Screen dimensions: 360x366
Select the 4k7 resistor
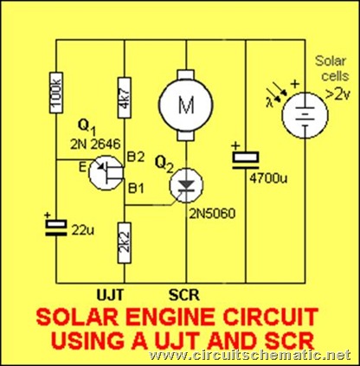point(125,98)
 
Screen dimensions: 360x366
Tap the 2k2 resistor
point(125,242)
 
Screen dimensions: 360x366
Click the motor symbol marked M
point(186,105)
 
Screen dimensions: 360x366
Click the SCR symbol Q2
point(186,185)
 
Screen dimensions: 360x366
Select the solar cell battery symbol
point(305,115)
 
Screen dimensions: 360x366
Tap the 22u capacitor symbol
point(56,228)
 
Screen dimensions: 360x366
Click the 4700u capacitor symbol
point(246,158)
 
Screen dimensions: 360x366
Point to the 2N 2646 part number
point(95,144)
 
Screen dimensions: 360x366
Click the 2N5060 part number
point(212,214)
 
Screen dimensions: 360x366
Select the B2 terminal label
point(136,157)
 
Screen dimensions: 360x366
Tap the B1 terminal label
point(136,189)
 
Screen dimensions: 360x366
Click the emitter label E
point(83,168)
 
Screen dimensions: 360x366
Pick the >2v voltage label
point(337,94)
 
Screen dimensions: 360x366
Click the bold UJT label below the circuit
point(110,295)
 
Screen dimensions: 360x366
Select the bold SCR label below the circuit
point(184,295)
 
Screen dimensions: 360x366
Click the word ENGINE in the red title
point(169,318)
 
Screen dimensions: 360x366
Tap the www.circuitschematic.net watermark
point(250,355)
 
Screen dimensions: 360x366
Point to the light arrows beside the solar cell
point(277,93)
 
